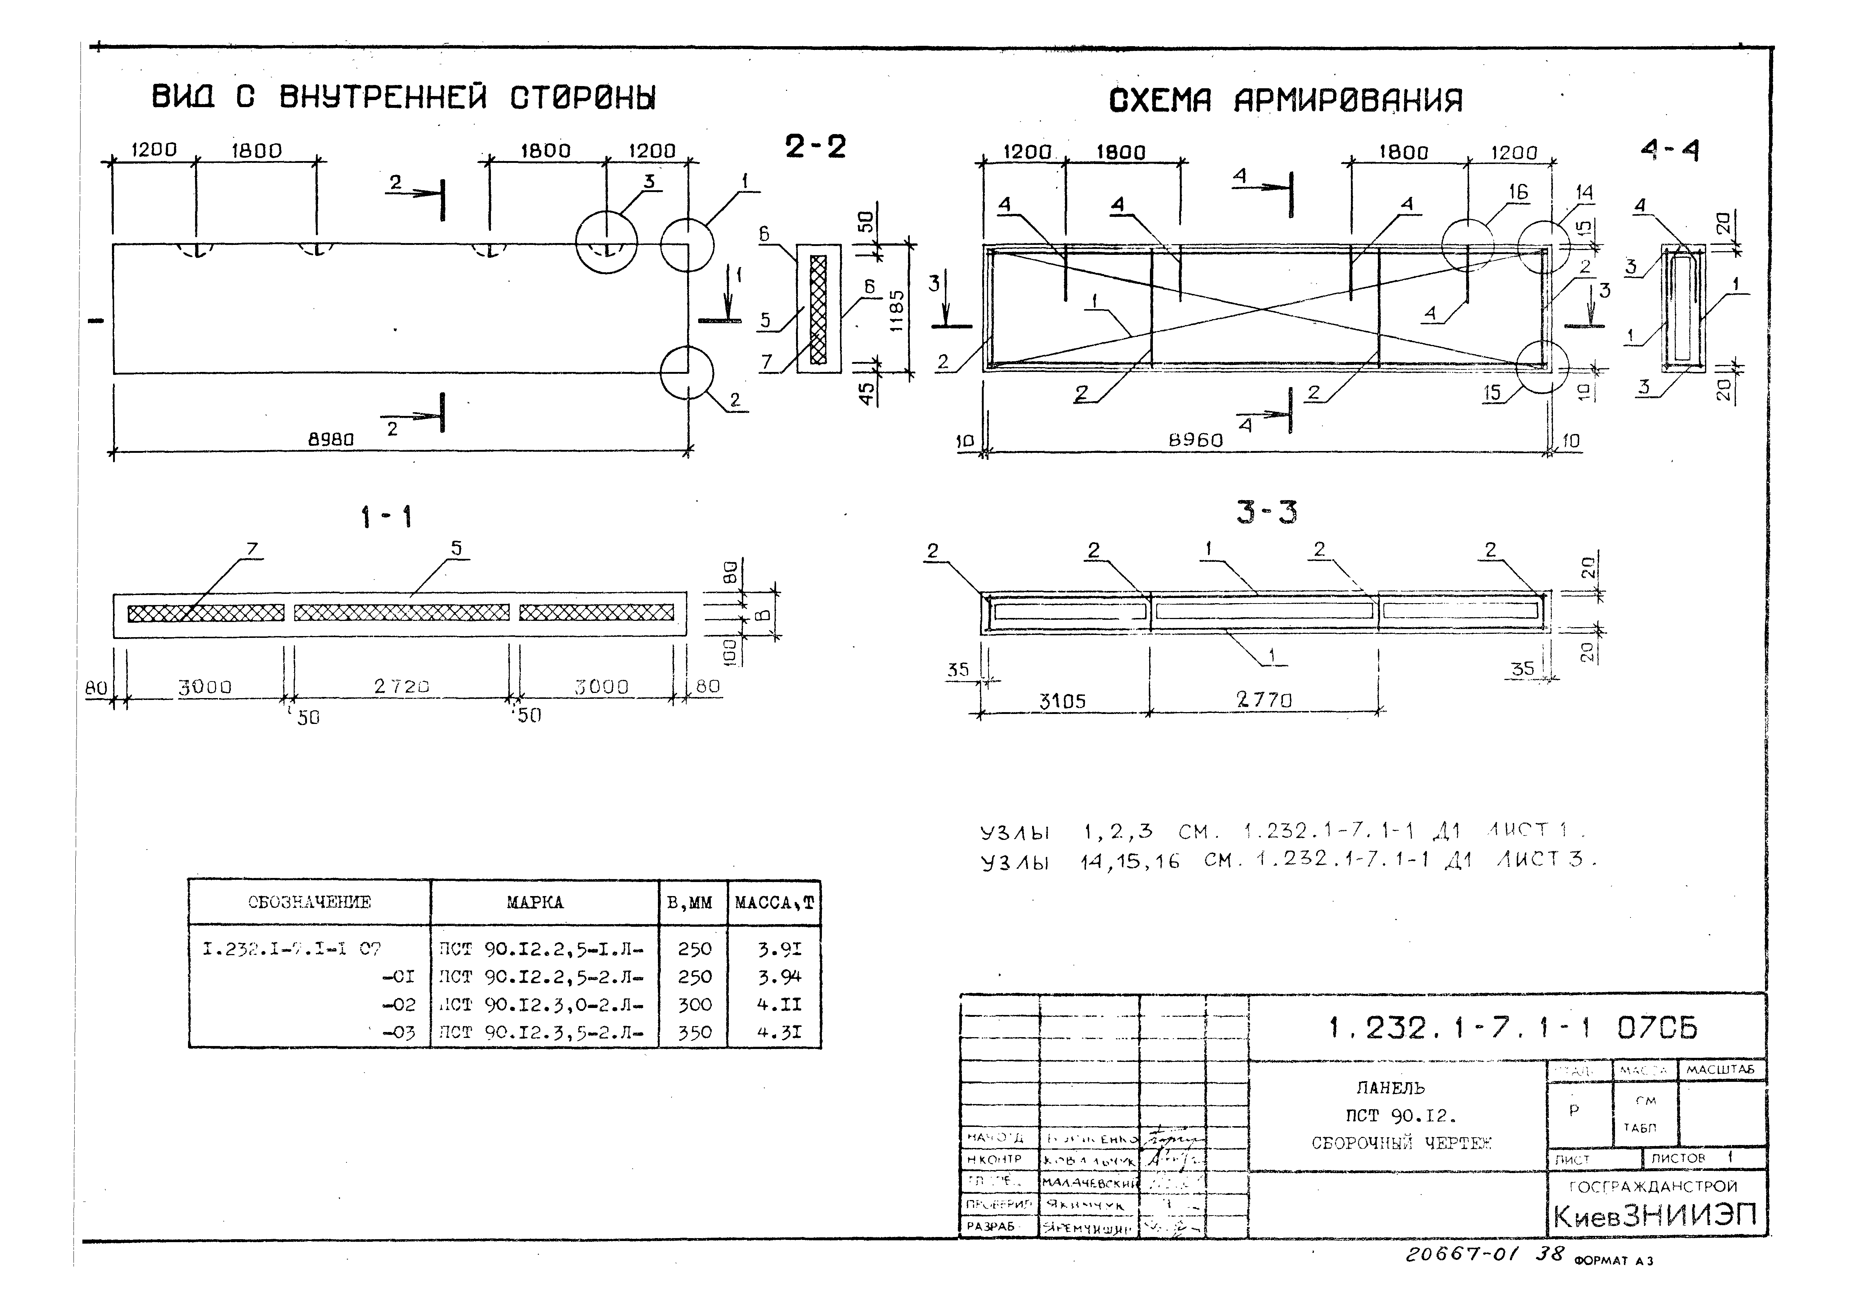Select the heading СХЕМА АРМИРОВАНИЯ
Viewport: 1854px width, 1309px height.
(1285, 101)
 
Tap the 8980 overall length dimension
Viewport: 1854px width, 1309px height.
(331, 440)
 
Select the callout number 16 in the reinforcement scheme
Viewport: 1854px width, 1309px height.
(1518, 192)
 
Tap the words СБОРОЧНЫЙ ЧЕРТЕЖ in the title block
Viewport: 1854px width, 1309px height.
(1401, 1144)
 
